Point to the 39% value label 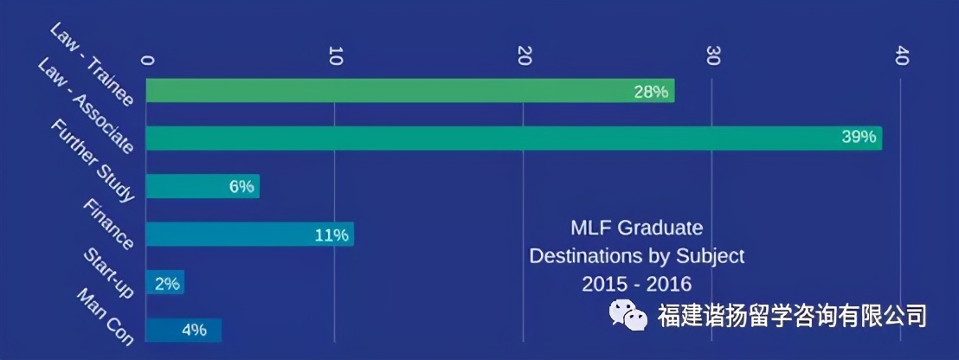pyautogui.click(x=859, y=138)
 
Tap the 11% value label pyautogui.click(x=331, y=235)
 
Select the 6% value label pyautogui.click(x=241, y=187)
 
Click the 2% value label pyautogui.click(x=167, y=283)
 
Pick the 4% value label pyautogui.click(x=194, y=330)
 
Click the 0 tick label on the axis pyautogui.click(x=147, y=60)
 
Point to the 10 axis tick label pyautogui.click(x=336, y=56)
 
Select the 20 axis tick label pyautogui.click(x=524, y=56)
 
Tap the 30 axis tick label pyautogui.click(x=712, y=56)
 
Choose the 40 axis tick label pyautogui.click(x=901, y=56)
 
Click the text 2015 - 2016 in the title pyautogui.click(x=636, y=283)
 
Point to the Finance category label pyautogui.click(x=109, y=225)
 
